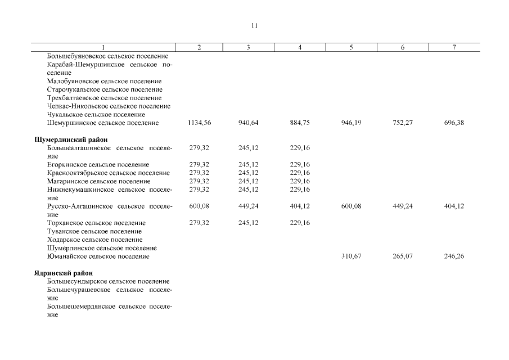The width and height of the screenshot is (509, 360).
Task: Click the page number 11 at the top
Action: coord(254,26)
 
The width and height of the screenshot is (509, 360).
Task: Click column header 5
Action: coord(351,48)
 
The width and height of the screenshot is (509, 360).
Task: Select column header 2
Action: coord(200,48)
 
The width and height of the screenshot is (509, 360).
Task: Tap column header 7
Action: coord(453,48)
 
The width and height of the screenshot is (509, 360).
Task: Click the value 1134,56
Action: coord(200,123)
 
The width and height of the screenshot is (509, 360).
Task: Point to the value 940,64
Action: coord(248,123)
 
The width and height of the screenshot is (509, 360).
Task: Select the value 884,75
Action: coord(300,123)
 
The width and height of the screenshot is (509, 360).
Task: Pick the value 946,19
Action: coord(351,123)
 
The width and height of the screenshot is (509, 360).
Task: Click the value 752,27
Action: coord(402,123)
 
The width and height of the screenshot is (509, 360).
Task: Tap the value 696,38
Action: coord(453,123)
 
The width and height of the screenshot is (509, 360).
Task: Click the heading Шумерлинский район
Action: coord(71,139)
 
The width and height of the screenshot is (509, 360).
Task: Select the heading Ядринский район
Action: coord(64,273)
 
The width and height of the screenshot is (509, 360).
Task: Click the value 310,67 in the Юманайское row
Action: coord(351,256)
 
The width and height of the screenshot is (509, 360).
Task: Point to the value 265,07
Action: coord(402,256)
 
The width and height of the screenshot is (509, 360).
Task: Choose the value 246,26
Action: coord(453,256)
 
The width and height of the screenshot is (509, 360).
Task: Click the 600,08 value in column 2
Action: coord(200,206)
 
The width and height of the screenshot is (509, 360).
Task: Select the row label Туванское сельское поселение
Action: coord(94,231)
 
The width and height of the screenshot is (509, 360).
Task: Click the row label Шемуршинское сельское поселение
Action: coord(102,123)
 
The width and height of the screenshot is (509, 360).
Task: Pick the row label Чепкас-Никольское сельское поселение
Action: coord(109,106)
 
